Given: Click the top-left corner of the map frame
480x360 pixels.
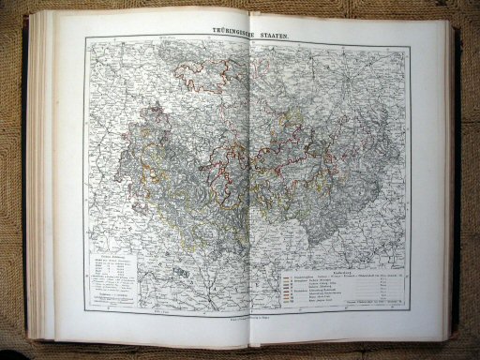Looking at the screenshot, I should coord(85,40).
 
